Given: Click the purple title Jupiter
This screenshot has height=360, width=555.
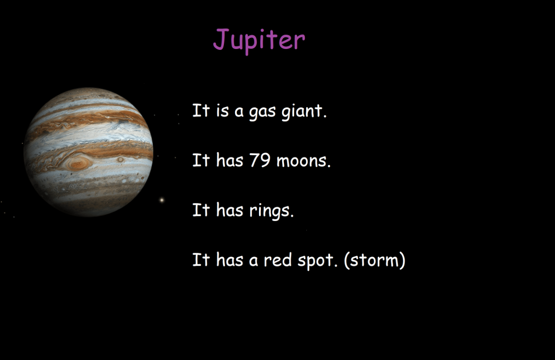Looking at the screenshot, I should click(259, 40).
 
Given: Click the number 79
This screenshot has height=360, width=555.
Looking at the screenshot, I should click(259, 161).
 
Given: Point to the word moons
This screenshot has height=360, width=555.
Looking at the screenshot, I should click(303, 161).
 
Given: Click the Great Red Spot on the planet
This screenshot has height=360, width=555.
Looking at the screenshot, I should click(78, 162).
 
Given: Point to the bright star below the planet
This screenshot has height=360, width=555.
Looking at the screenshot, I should click(162, 200).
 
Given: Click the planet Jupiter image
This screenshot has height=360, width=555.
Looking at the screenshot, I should click(88, 152).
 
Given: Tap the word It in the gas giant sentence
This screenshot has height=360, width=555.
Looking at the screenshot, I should click(201, 111).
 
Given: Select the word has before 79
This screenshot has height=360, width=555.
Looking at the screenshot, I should click(229, 161).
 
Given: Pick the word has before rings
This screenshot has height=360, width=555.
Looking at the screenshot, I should click(229, 211).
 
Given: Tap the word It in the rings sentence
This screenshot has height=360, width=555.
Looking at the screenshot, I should click(201, 211).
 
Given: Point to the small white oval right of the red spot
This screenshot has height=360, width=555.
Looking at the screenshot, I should click(120, 159).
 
